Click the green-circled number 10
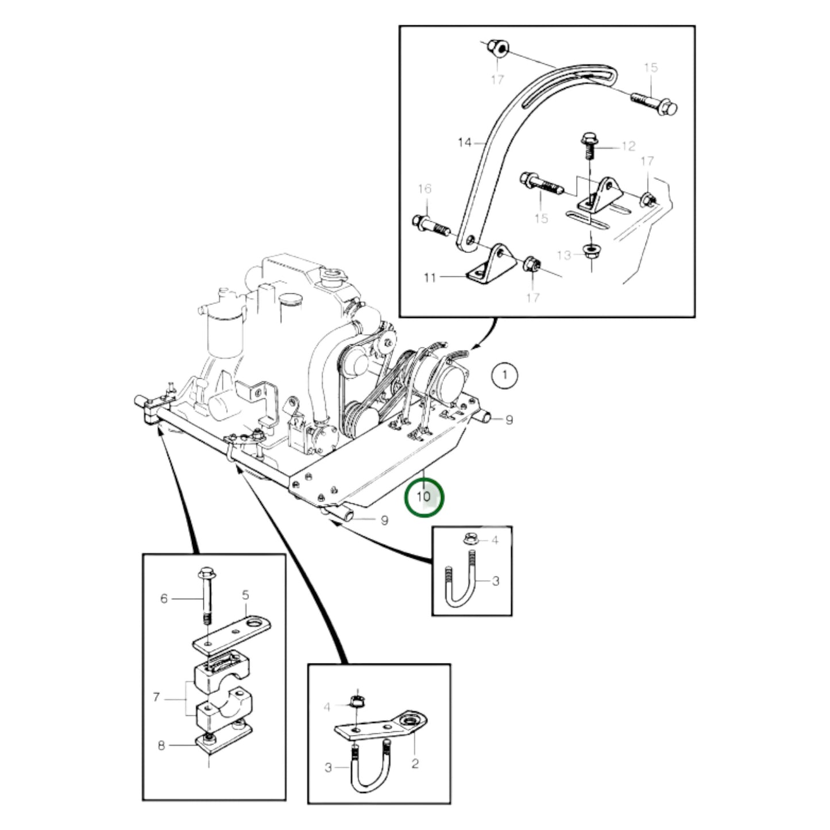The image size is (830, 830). coord(424,496)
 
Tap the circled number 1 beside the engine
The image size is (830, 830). coord(505,376)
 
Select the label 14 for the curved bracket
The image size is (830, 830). coord(465,142)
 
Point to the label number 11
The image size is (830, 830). coord(430,278)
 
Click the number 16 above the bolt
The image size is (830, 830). coord(424,189)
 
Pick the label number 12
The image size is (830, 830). coord(628,146)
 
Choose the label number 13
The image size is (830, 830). coord(564,254)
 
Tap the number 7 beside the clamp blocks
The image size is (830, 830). coord(156,697)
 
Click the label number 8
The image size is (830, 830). coord(161,746)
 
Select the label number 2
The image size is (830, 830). coord(415,763)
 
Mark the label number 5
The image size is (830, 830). coord(245,595)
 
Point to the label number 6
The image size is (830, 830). coord(164,599)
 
